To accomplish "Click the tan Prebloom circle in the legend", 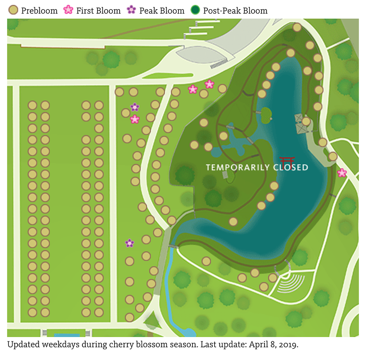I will (14, 10).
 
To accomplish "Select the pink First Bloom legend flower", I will (69, 10).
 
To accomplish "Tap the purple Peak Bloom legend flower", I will (131, 10).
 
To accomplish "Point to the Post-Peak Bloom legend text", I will (235, 11).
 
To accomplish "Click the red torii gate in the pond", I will (286, 162).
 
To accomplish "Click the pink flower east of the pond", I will (342, 172).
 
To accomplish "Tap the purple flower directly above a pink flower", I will (135, 107).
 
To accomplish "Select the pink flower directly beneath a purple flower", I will (135, 119).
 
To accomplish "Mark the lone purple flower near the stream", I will (129, 243).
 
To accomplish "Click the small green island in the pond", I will (265, 114).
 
